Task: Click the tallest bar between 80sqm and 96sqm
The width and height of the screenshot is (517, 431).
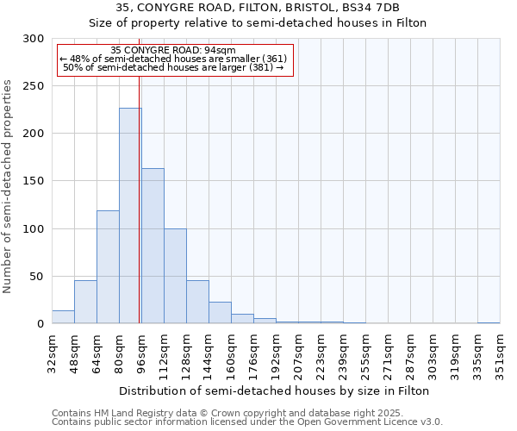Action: [130, 215]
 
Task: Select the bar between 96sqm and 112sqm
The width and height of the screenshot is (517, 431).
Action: [153, 246]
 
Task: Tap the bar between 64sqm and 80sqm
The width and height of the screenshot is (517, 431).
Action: [108, 267]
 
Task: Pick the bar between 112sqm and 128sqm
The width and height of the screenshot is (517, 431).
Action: [175, 276]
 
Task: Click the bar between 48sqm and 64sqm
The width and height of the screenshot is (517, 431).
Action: [85, 302]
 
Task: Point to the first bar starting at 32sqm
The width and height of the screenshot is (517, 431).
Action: [63, 317]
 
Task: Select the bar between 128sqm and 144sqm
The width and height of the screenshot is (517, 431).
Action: [197, 302]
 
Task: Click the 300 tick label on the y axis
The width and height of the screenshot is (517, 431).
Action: [33, 39]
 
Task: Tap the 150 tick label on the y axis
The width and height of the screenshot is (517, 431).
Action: [33, 181]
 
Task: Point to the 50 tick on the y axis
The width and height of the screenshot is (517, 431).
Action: [36, 277]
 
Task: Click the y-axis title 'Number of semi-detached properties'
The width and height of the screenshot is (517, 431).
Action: [8, 185]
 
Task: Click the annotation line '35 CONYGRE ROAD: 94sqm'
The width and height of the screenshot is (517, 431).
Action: [173, 50]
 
